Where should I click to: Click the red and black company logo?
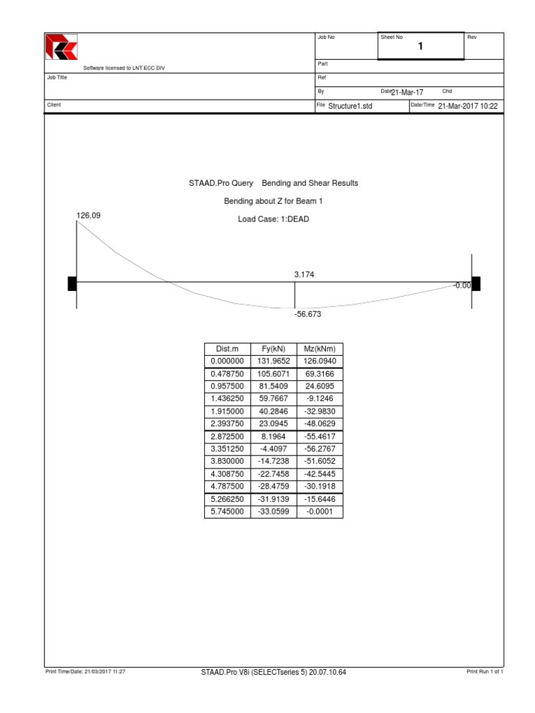pyautogui.click(x=61, y=47)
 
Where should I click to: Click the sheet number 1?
pyautogui.click(x=420, y=47)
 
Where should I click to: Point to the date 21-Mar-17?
pyautogui.click(x=407, y=93)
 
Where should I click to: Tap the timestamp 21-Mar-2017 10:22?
pyautogui.click(x=468, y=106)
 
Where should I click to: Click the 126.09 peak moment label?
pyautogui.click(x=88, y=216)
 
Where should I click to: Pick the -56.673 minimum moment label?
pyautogui.click(x=307, y=314)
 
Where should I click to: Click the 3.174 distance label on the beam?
pyautogui.click(x=304, y=275)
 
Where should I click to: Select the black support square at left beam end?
pyautogui.click(x=72, y=283)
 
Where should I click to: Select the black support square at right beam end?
pyautogui.click(x=476, y=283)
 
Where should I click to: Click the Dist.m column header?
pyautogui.click(x=227, y=349)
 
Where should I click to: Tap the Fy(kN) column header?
pyautogui.click(x=274, y=349)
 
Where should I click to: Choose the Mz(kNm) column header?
pyautogui.click(x=320, y=349)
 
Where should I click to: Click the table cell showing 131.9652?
pyautogui.click(x=274, y=361)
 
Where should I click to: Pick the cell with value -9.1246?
pyautogui.click(x=320, y=399)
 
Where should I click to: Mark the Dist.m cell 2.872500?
pyautogui.click(x=227, y=437)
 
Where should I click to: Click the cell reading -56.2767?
pyautogui.click(x=320, y=449)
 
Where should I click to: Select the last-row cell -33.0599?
pyautogui.click(x=274, y=512)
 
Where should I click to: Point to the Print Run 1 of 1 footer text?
pyautogui.click(x=485, y=672)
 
